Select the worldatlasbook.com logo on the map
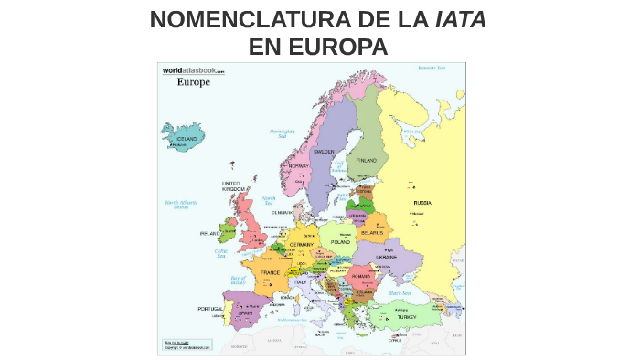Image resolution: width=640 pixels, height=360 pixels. coord(193,69)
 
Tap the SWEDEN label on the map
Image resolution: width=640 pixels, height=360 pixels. coord(325,152)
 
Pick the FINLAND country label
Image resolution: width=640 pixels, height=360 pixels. coord(367,160)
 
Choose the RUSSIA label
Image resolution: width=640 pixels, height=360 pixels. coord(422,202)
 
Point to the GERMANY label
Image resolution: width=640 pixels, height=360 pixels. coord(301,244)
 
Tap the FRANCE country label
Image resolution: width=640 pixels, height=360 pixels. coord(271,272)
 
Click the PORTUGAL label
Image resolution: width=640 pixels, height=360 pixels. coord(210,309)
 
